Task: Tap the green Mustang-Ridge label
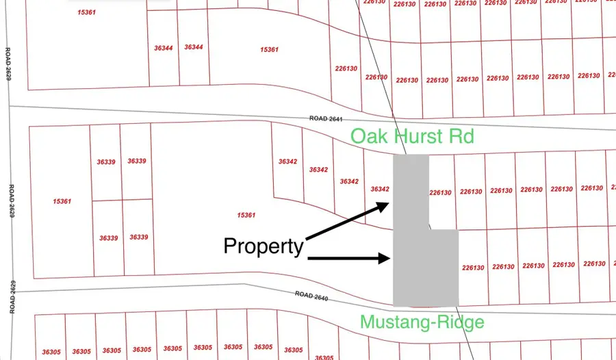pyautogui.click(x=422, y=322)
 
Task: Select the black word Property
pyautogui.click(x=264, y=246)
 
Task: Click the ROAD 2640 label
pyautogui.click(x=313, y=295)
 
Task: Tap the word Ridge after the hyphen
pyautogui.click(x=463, y=322)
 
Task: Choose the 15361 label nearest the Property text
pyautogui.click(x=246, y=216)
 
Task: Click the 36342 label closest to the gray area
pyautogui.click(x=379, y=189)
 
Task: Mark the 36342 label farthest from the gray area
pyautogui.click(x=287, y=162)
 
